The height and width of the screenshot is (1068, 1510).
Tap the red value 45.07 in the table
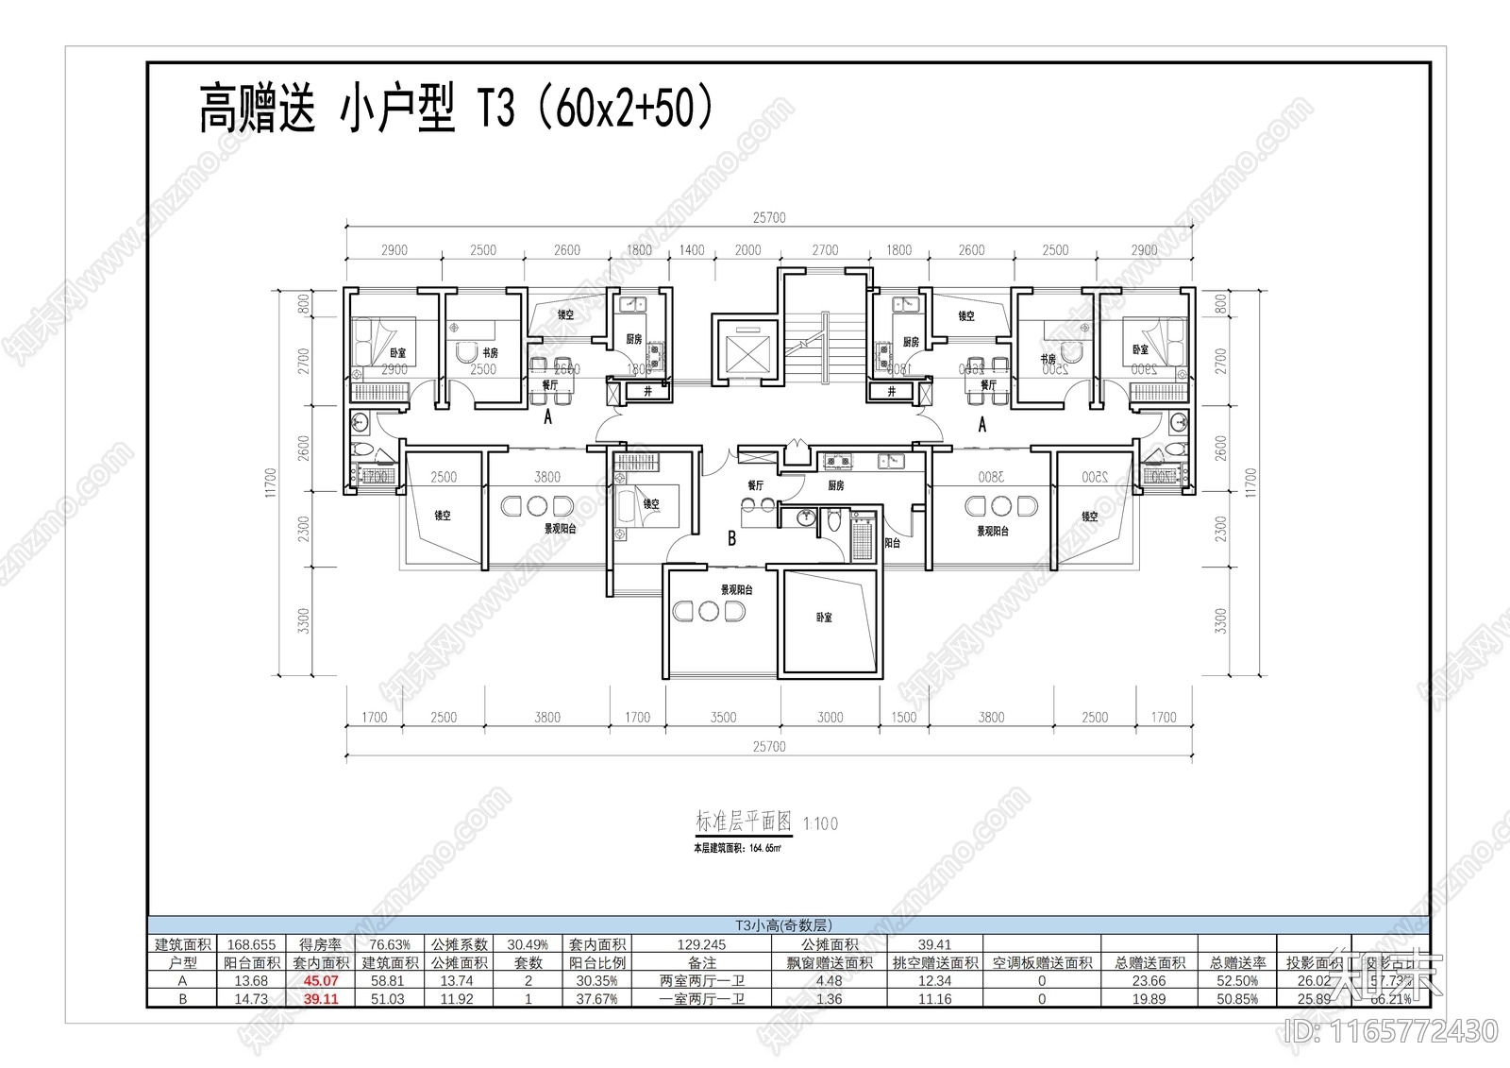tap(321, 981)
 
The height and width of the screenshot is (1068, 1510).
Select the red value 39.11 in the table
tap(321, 999)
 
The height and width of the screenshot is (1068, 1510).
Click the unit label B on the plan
tap(731, 539)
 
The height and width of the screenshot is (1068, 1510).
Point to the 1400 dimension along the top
tap(692, 250)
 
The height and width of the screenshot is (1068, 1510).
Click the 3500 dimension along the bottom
tap(723, 718)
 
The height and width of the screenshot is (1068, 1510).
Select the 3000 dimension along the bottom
tap(830, 718)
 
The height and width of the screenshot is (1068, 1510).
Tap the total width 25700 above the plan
tap(769, 217)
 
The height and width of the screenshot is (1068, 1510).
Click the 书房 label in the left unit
tap(490, 352)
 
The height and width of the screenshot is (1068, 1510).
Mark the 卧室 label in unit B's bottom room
tap(824, 618)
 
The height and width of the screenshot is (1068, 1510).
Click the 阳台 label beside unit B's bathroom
tap(892, 543)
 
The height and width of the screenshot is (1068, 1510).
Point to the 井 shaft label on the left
tap(647, 391)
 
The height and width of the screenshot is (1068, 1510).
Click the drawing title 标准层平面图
tap(743, 822)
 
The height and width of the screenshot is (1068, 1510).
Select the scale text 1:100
tap(820, 824)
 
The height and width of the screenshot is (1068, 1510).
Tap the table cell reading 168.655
tap(252, 944)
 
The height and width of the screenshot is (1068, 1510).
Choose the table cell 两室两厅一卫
tap(702, 981)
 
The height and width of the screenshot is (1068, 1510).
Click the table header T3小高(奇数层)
tap(783, 926)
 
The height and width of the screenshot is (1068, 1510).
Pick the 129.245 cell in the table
tap(702, 944)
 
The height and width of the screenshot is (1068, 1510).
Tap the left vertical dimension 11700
tap(272, 483)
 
